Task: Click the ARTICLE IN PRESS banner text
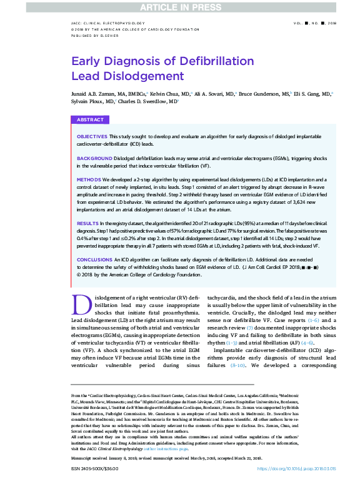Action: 179,8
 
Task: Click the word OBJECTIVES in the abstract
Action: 92,136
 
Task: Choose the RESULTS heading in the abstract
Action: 87,223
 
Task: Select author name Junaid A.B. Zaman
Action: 96,93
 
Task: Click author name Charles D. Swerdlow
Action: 148,100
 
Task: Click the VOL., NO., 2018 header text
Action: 314,22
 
